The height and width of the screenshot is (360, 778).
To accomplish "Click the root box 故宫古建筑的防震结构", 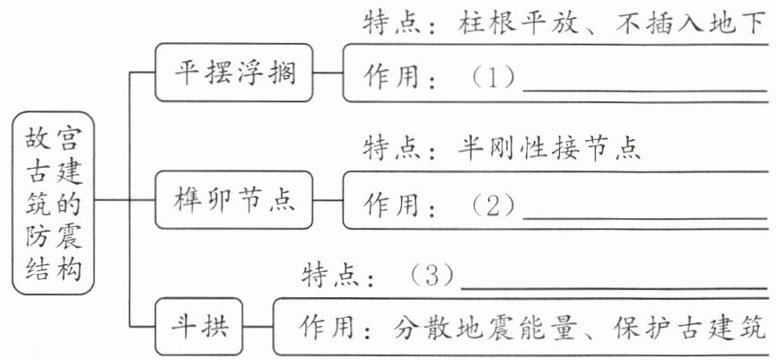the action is (53, 203).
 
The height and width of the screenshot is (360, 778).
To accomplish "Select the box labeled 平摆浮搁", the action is (234, 73).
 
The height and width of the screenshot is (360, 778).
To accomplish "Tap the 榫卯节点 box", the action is (234, 200).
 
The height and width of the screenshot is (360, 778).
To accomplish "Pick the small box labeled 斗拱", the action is (199, 327).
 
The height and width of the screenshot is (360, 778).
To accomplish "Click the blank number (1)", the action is (493, 77).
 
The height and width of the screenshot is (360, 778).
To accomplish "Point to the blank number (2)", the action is (493, 205).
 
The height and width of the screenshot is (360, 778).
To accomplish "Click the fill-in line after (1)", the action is (645, 91).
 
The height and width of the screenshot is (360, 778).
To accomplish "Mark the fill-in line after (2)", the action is (645, 218).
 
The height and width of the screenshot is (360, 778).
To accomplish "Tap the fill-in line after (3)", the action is (615, 288).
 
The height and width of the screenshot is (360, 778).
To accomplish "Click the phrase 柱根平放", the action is (519, 22).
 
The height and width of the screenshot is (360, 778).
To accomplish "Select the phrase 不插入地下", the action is (690, 22).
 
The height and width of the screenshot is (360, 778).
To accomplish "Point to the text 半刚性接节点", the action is (549, 148).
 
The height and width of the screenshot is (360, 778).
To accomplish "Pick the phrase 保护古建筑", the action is (690, 327).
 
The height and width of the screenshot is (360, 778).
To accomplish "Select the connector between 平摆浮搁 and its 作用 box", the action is (328, 73).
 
